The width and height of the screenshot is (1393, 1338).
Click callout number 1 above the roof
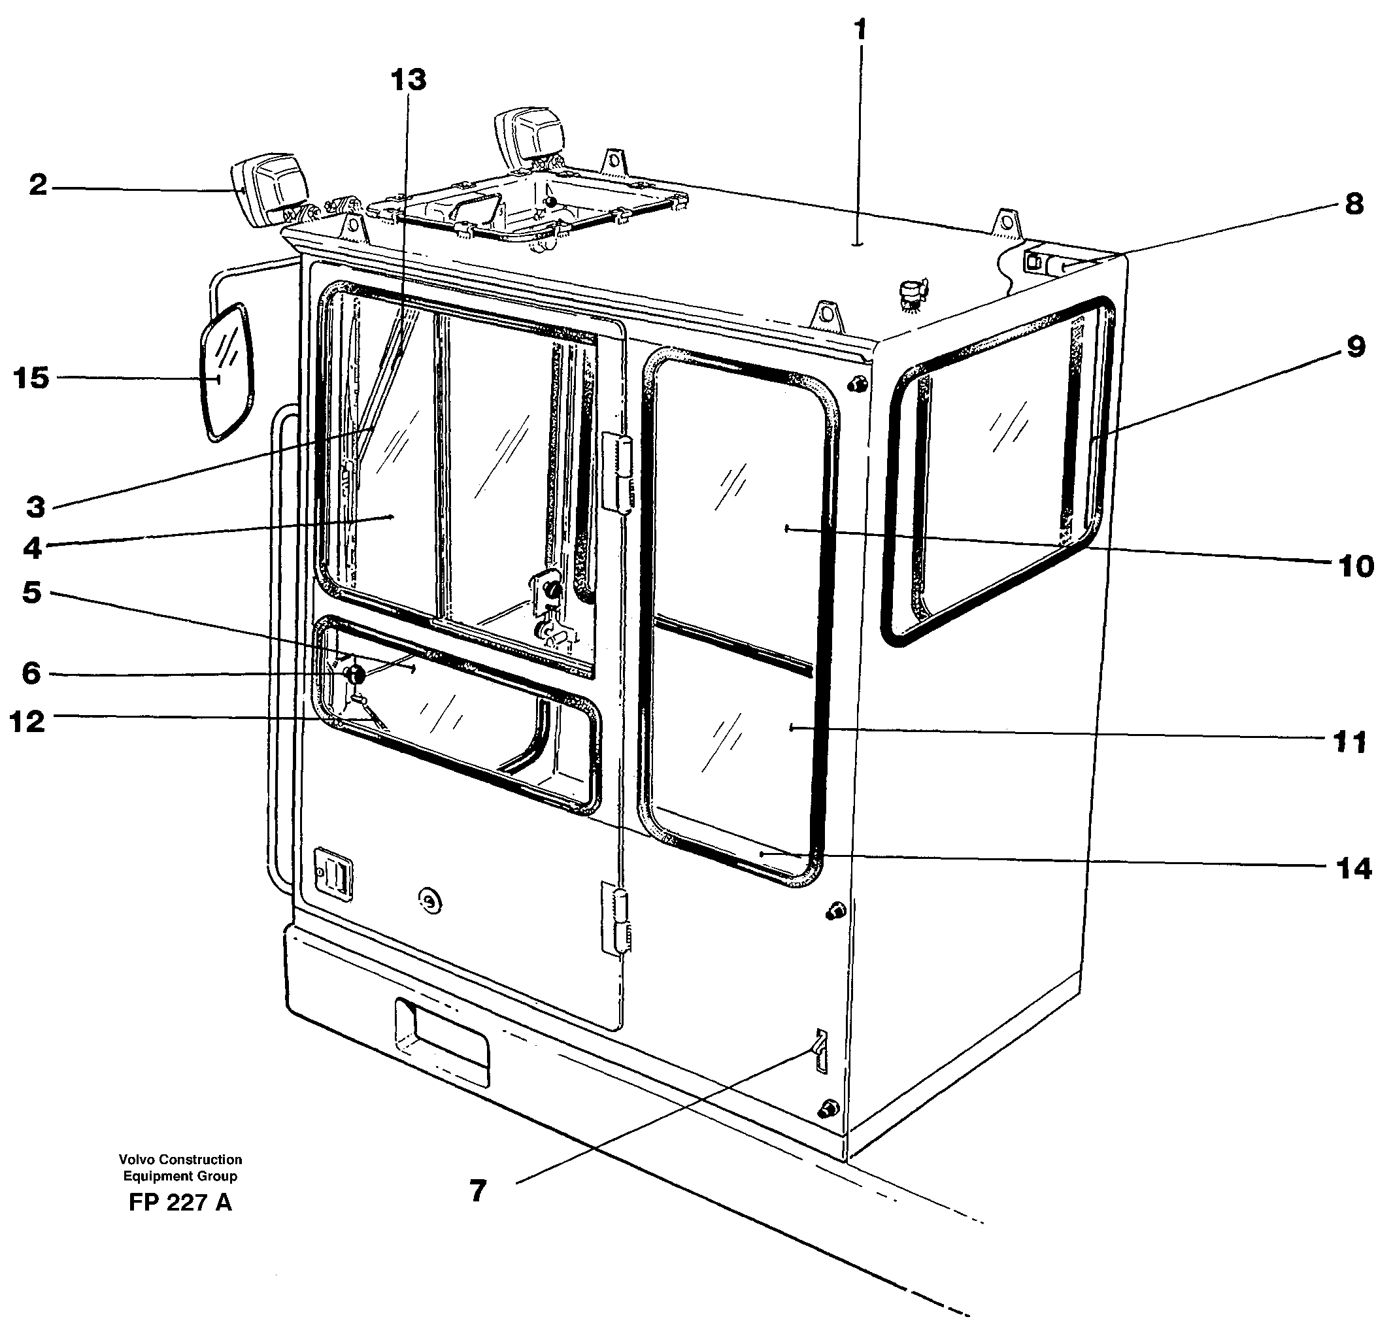(861, 31)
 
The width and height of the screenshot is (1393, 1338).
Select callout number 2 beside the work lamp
(38, 186)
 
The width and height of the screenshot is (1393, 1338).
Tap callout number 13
(409, 80)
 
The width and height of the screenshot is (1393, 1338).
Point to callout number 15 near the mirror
(31, 378)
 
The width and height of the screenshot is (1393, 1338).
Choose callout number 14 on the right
(1352, 868)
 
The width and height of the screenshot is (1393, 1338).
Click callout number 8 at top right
(1354, 205)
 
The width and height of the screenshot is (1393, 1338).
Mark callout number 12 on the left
(27, 722)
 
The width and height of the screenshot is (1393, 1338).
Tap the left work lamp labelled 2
(271, 188)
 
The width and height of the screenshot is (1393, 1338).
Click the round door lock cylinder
(429, 901)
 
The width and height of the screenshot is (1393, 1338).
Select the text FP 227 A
(180, 1202)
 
